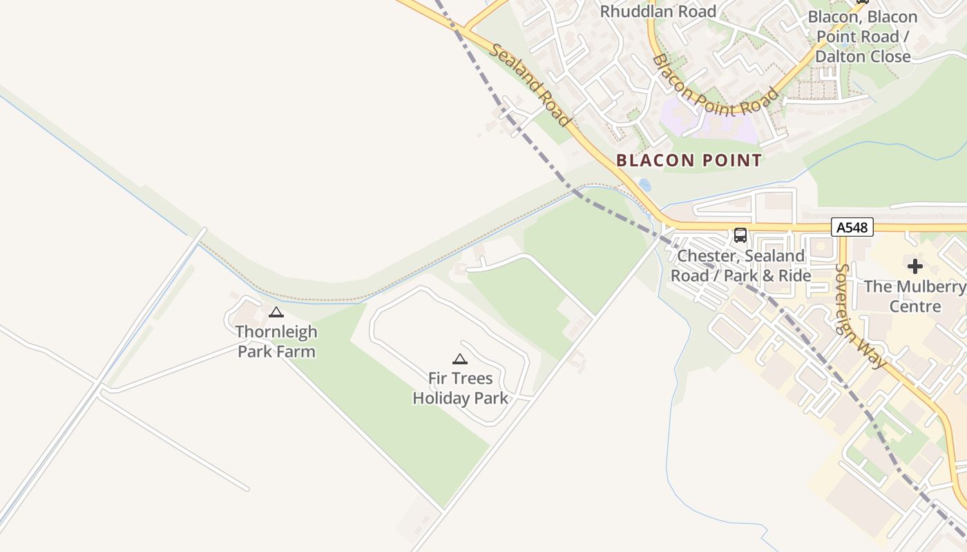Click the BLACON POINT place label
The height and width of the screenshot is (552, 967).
click(689, 161)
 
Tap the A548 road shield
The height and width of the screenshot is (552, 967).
click(852, 227)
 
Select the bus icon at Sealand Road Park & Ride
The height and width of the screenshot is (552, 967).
click(740, 235)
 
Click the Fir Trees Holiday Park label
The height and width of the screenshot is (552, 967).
click(460, 388)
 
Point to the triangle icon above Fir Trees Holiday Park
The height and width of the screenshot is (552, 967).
click(460, 359)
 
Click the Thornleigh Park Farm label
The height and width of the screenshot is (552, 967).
click(276, 342)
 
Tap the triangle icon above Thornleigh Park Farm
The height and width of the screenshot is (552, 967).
click(276, 312)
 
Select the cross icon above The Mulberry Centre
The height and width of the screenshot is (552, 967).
click(915, 266)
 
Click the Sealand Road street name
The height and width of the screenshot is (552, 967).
click(530, 85)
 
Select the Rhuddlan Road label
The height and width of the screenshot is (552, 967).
click(658, 11)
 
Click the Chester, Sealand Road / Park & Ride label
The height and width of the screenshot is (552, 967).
click(740, 266)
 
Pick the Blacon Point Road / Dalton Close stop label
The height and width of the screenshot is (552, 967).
click(863, 37)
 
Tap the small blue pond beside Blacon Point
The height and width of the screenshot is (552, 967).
click(644, 185)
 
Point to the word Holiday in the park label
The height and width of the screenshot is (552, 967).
click(445, 398)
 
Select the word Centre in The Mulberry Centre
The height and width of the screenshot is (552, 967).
click(915, 306)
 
